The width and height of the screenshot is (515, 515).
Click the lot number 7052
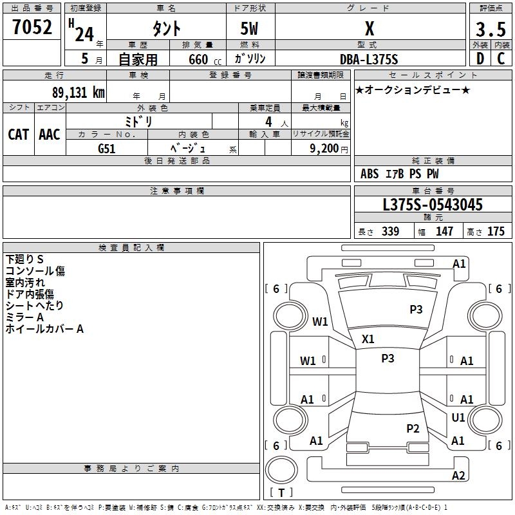click(x=32, y=27)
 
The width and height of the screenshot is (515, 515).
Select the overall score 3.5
click(x=489, y=29)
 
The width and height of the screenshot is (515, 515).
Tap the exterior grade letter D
click(x=480, y=58)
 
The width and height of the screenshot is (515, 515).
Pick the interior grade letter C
click(x=501, y=58)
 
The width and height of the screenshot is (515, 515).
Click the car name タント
click(x=165, y=29)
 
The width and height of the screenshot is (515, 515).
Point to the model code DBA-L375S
click(x=369, y=59)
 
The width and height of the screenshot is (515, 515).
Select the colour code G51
click(x=107, y=148)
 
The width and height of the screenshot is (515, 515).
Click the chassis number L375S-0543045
click(x=432, y=205)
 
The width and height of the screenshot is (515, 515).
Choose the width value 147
click(x=444, y=232)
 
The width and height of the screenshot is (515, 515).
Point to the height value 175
click(x=496, y=232)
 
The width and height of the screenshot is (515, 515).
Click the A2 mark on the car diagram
click(x=458, y=476)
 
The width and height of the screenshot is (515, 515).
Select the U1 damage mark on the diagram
click(x=458, y=418)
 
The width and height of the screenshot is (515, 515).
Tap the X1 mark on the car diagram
click(x=368, y=339)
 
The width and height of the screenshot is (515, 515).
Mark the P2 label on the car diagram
click(x=413, y=428)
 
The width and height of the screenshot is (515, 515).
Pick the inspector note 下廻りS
click(x=24, y=259)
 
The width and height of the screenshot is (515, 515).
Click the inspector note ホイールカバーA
click(x=44, y=329)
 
